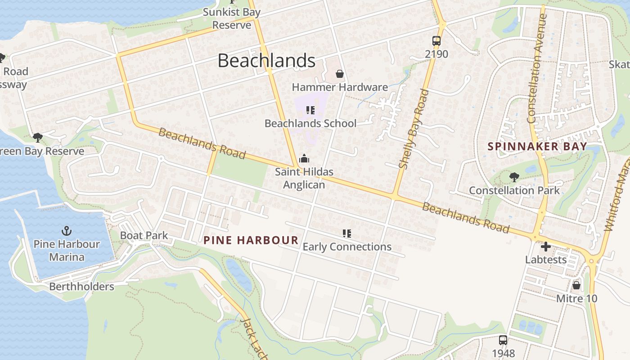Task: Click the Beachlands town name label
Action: (x=266, y=60)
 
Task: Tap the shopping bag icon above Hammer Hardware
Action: (x=340, y=74)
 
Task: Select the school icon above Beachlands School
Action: (x=310, y=110)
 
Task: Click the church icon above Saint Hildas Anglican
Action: (x=304, y=158)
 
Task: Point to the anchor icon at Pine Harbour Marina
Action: (x=67, y=231)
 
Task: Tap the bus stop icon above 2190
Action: (x=436, y=40)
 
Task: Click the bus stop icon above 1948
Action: (x=503, y=340)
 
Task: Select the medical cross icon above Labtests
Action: (x=546, y=247)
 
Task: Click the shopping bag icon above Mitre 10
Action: (x=576, y=285)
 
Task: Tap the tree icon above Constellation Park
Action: (x=514, y=177)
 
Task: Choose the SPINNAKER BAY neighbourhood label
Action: (x=537, y=146)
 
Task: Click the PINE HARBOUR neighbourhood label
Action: (x=251, y=240)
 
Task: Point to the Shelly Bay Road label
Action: (x=413, y=129)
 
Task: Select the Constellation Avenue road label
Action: (x=537, y=68)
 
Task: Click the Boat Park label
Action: (x=144, y=235)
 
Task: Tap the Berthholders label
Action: (x=81, y=287)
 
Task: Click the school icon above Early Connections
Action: (x=346, y=233)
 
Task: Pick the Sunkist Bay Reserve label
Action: (x=231, y=18)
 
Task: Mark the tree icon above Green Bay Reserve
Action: (x=38, y=137)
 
